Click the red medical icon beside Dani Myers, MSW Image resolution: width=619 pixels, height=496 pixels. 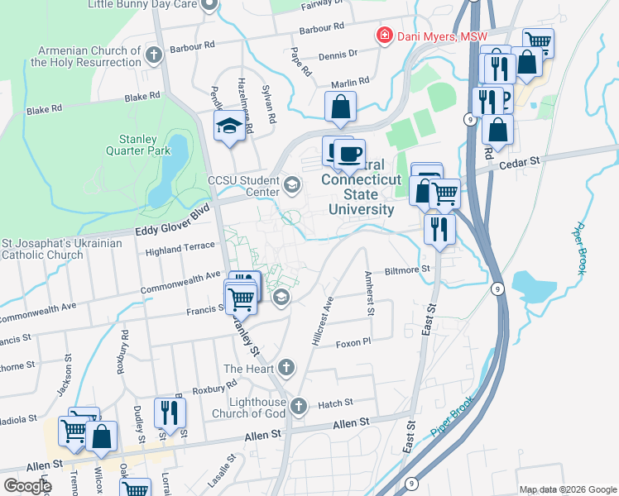tap(383, 36)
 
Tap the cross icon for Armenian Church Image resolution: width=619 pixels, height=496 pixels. tap(152, 56)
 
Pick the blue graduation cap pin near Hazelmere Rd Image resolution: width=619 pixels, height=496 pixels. tap(228, 126)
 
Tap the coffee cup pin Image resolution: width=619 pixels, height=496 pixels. tap(348, 153)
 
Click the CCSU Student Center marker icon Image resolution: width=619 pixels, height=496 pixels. tap(291, 184)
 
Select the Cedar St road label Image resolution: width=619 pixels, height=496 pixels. tap(519, 164)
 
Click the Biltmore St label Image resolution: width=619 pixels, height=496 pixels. tap(407, 269)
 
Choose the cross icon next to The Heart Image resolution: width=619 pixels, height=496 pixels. tap(286, 366)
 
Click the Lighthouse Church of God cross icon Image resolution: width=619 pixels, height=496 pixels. tap(299, 406)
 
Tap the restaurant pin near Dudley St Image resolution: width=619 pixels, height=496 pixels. tap(170, 413)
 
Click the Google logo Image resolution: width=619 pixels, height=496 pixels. tap(27, 485)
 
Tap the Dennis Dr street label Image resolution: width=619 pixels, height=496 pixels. tap(341, 53)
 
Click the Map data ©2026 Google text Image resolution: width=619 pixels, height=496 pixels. tap(567, 489)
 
